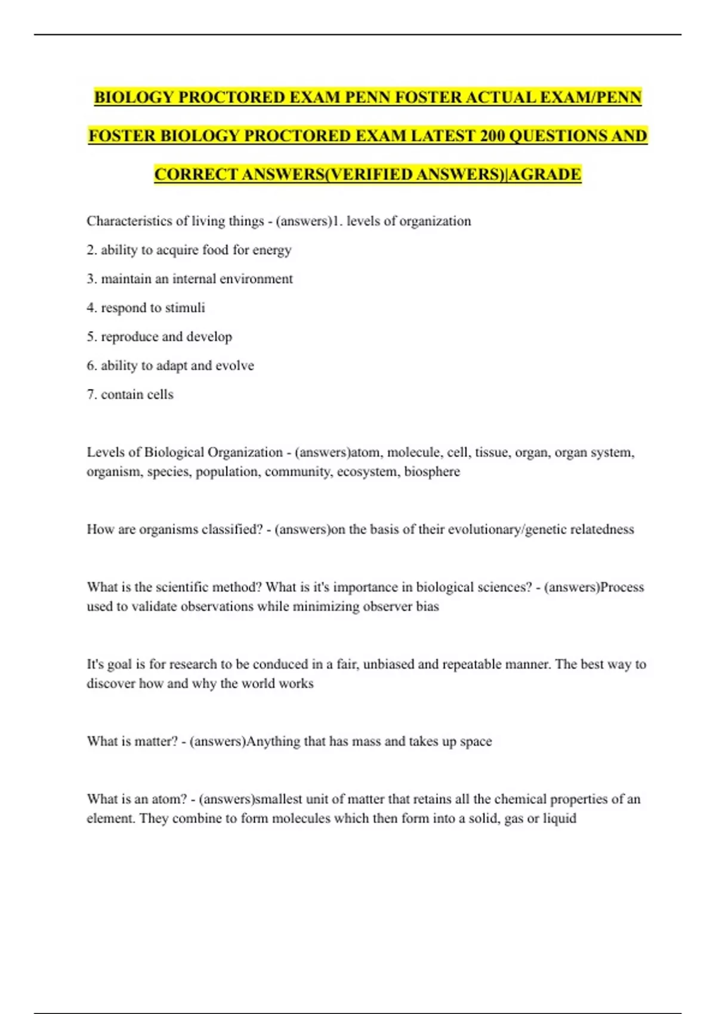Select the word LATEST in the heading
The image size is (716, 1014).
click(x=442, y=136)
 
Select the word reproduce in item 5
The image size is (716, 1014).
click(x=129, y=336)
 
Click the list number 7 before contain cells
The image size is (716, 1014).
click(x=91, y=394)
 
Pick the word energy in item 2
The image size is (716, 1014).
click(x=271, y=250)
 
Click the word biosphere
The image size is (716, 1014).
click(x=432, y=472)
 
